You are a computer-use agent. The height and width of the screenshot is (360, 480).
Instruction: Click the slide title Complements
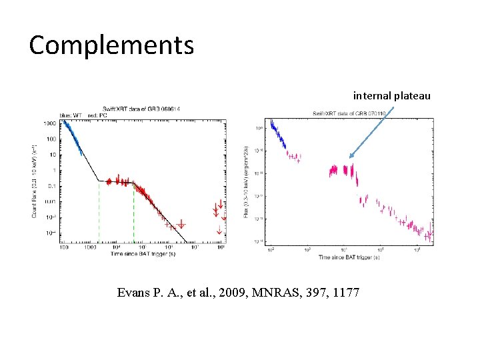[x=111, y=45]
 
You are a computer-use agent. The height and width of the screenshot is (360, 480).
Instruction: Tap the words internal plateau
[x=391, y=96]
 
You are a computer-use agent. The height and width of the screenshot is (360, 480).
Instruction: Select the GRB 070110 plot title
[x=349, y=114]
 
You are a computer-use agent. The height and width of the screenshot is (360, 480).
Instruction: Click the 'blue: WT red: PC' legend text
[x=78, y=115]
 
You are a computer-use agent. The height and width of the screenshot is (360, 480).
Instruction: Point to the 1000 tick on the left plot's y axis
[x=49, y=124]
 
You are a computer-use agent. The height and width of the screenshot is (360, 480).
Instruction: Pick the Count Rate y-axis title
[x=35, y=180]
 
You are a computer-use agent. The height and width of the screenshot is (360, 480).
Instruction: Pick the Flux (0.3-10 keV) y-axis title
[x=247, y=180]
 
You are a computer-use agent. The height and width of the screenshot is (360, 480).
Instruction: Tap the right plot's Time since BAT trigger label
[x=350, y=257]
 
